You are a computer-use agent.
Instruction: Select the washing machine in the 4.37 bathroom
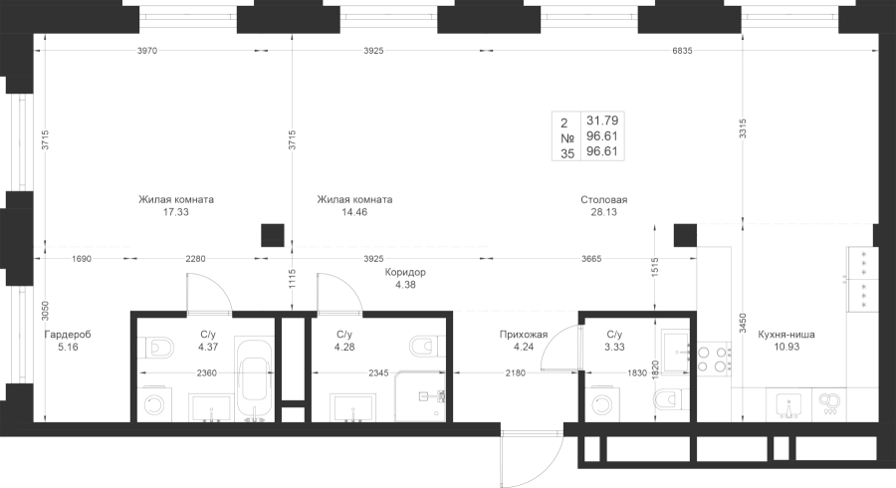tap(155, 405)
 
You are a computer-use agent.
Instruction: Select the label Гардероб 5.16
tap(68, 342)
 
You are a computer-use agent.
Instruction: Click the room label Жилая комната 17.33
tap(176, 206)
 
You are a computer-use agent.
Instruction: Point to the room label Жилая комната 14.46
tap(354, 206)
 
